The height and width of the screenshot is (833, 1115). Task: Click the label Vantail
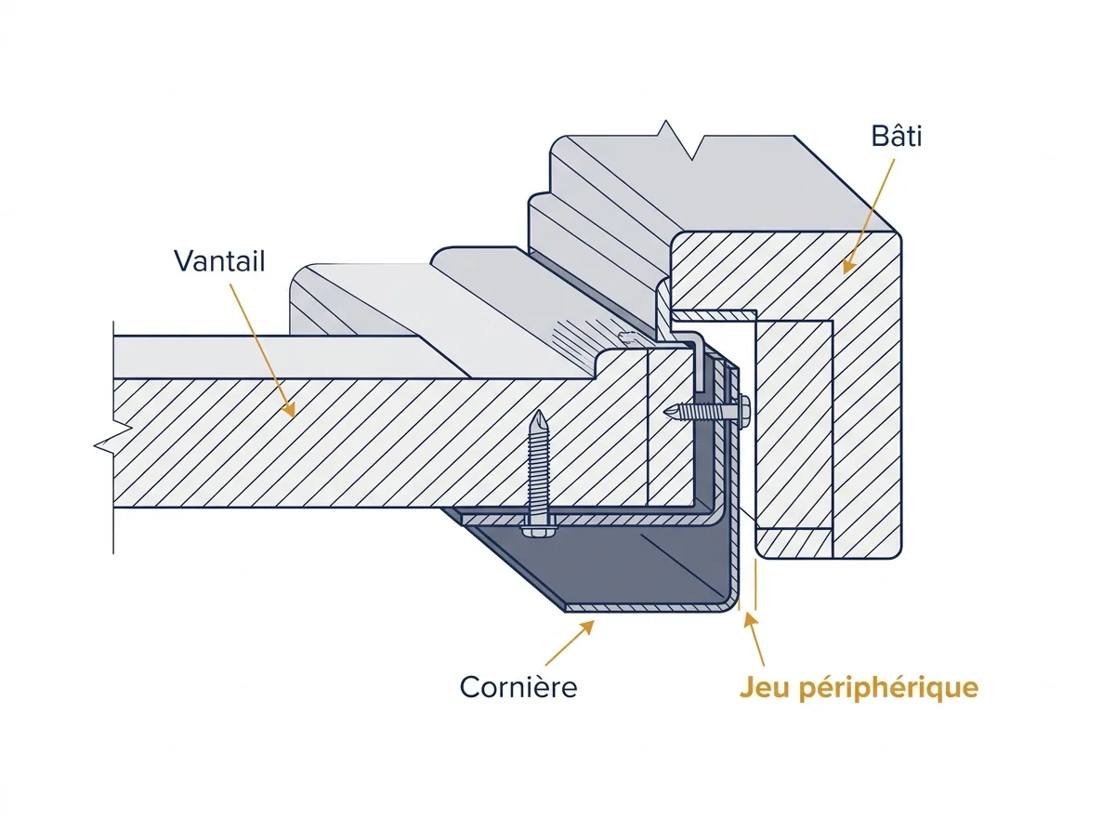tap(219, 261)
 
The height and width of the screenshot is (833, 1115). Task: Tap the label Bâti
tap(897, 136)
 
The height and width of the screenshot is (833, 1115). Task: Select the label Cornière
tap(518, 687)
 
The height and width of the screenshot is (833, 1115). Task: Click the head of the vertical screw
tap(539, 530)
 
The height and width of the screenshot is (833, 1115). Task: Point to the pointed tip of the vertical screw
tap(538, 411)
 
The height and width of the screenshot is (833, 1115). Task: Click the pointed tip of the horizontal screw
tap(666, 410)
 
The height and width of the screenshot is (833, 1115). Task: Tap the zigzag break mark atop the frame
tap(679, 139)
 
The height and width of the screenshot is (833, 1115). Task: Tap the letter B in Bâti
tap(880, 137)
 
